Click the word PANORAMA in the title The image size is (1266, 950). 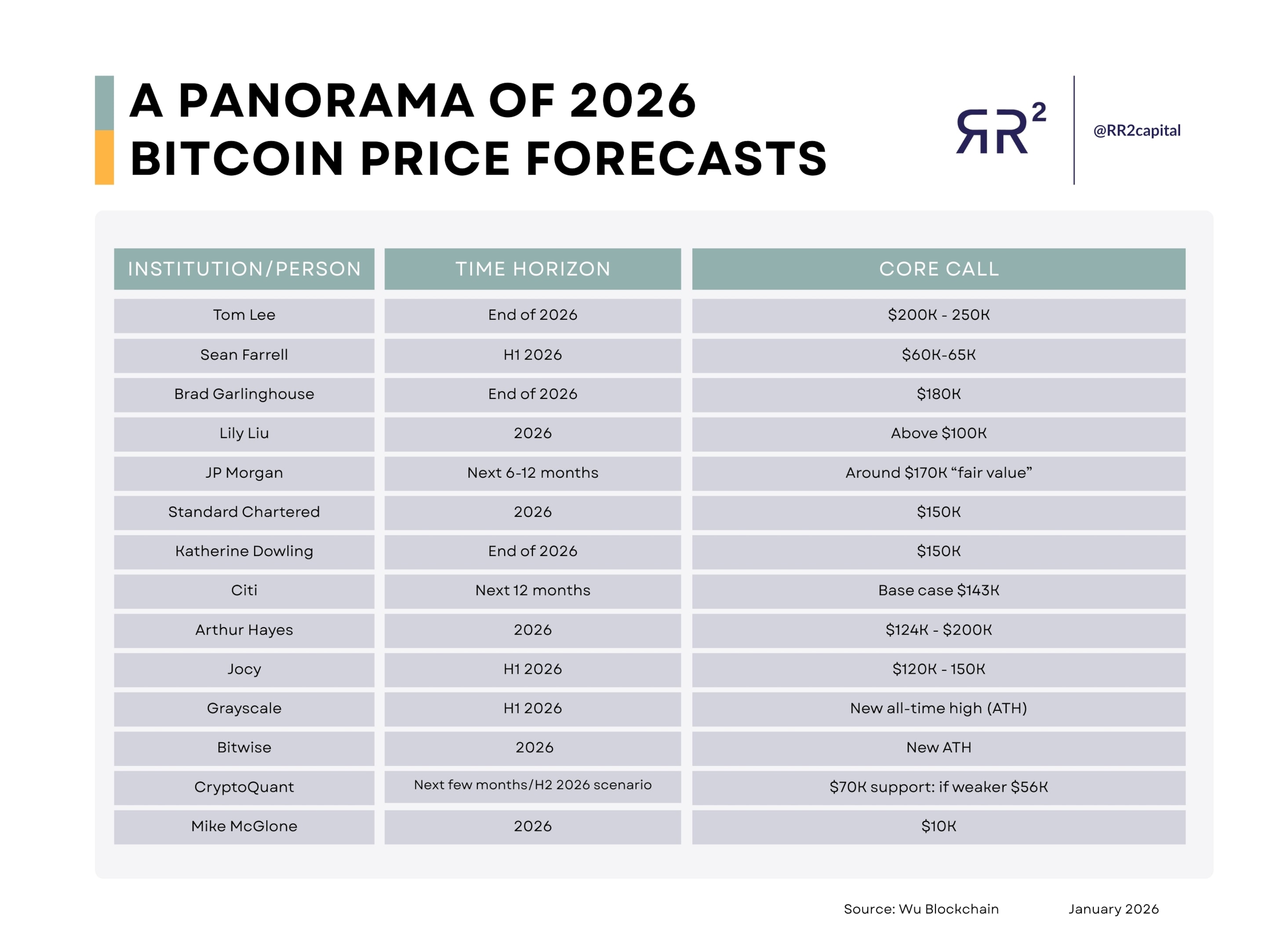[326, 101]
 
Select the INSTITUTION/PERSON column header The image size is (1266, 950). [244, 269]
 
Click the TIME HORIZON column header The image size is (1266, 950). [532, 269]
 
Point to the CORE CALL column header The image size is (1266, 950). [939, 269]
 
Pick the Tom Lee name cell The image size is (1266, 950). [244, 315]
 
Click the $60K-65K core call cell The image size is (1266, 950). [939, 355]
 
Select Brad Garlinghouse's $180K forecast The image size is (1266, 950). [939, 394]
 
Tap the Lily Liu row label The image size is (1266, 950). [244, 434]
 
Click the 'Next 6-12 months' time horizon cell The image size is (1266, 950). [532, 473]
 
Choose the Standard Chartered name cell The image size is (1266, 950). [244, 512]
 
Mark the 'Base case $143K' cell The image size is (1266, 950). [939, 590]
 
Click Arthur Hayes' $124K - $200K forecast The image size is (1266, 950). [939, 630]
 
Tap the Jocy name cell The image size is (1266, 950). [244, 669]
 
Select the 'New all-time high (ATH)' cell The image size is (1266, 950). [939, 709]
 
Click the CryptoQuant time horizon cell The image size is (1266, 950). [532, 785]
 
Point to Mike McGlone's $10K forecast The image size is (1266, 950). [939, 826]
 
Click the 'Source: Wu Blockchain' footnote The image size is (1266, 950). [921, 910]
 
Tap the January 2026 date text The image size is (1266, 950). [1113, 910]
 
